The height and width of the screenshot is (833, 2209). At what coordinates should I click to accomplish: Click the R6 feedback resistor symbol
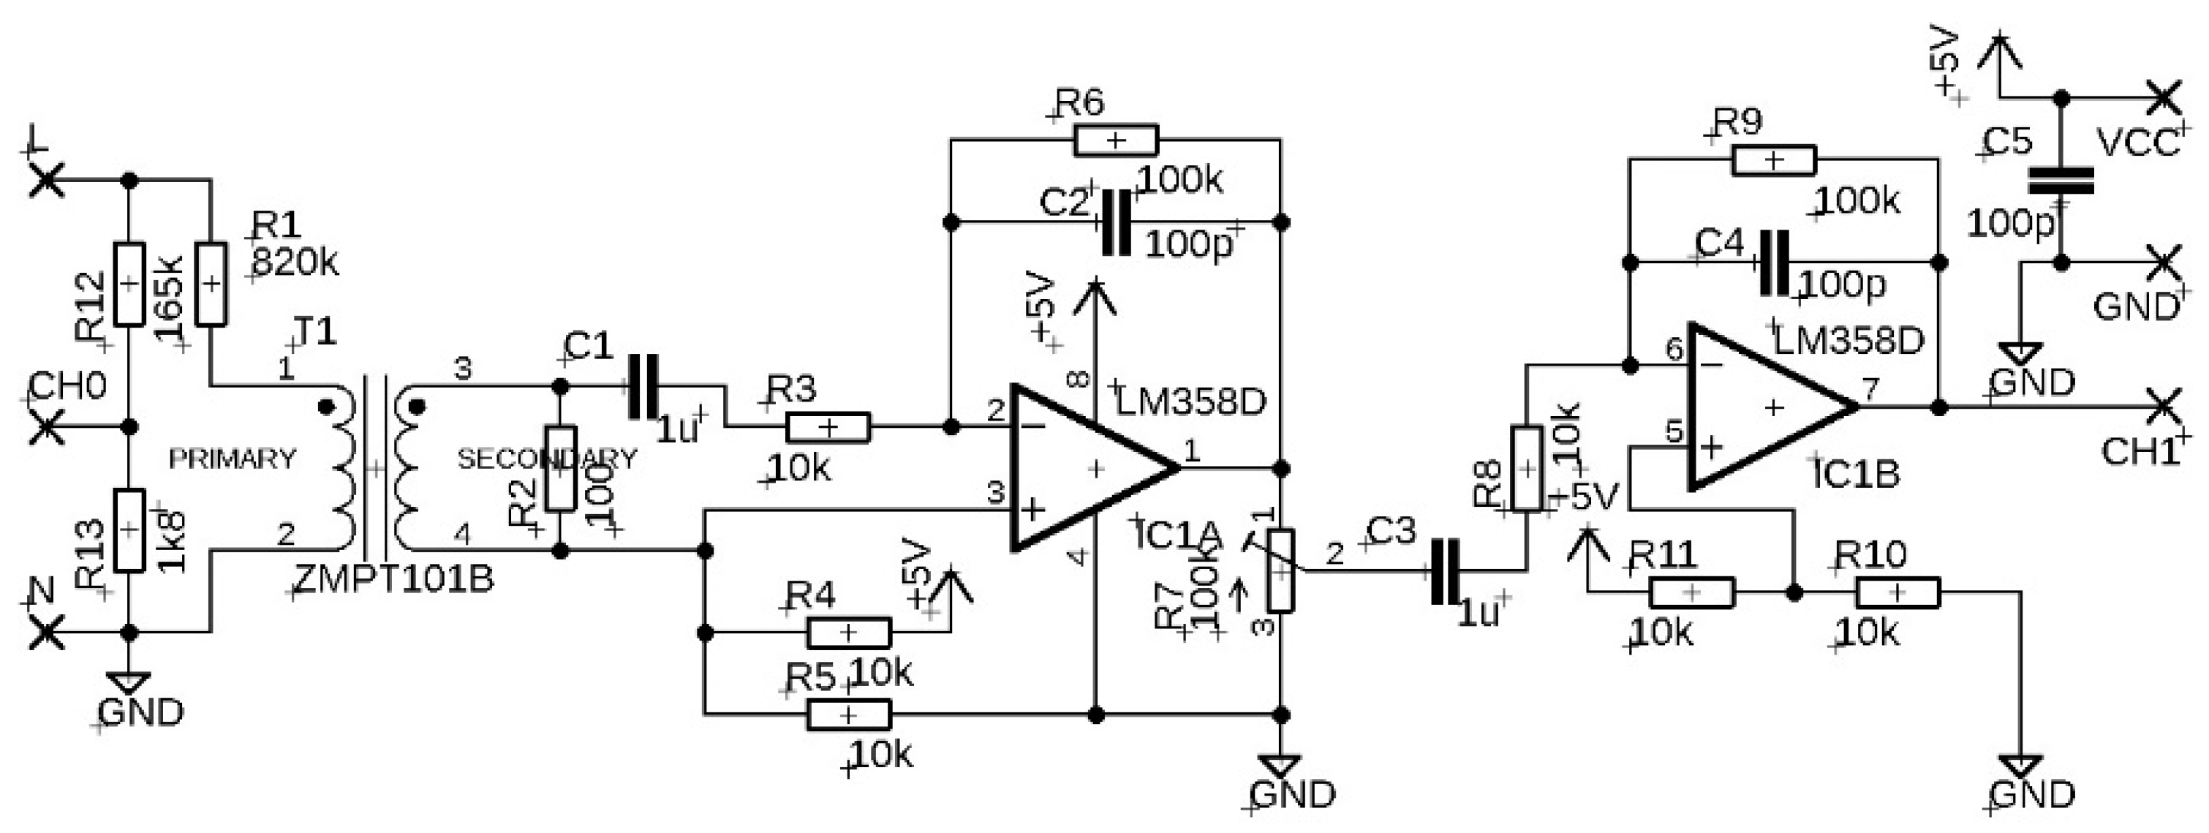point(1115,140)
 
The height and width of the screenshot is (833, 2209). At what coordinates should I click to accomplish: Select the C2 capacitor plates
point(1116,223)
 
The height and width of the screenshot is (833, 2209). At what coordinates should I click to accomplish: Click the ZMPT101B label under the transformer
point(394,580)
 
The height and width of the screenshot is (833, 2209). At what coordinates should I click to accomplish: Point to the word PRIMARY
point(233,459)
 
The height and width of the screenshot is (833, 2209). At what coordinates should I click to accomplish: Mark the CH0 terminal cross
point(46,426)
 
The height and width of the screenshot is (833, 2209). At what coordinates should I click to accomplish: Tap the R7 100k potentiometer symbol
point(1280,570)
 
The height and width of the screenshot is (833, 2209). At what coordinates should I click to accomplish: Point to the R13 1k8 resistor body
point(129,530)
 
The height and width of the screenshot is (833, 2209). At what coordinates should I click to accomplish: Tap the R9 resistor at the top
point(1773,160)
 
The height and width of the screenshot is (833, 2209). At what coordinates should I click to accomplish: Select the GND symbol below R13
point(129,684)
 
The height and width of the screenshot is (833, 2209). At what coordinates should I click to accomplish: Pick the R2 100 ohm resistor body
point(559,468)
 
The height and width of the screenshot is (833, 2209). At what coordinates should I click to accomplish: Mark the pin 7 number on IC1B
point(1870,388)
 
